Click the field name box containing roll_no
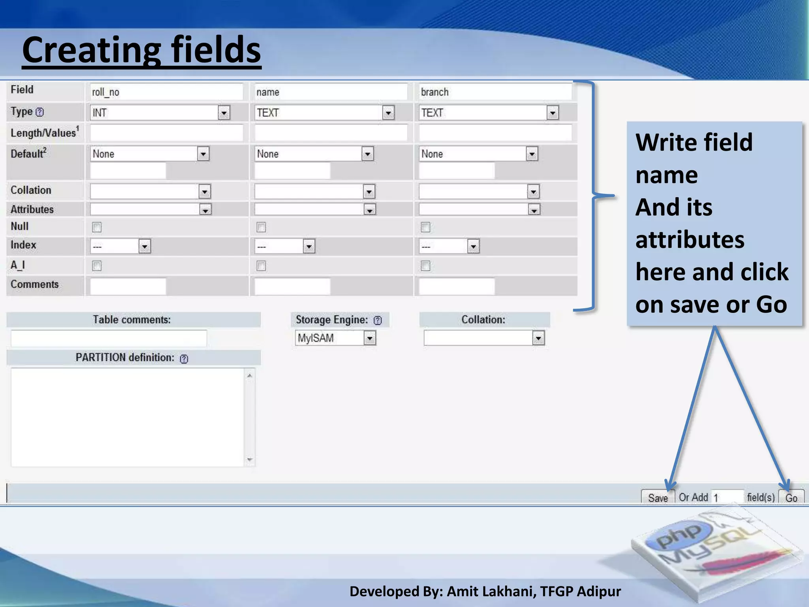click(x=166, y=92)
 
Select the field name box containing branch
click(x=495, y=92)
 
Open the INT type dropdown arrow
click(x=224, y=113)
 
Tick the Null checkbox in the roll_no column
click(x=97, y=227)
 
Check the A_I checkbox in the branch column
click(x=425, y=266)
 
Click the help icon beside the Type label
click(x=40, y=112)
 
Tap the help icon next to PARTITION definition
click(x=184, y=359)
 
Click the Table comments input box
click(x=109, y=339)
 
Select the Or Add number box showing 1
click(x=727, y=497)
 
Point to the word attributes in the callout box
click(x=690, y=240)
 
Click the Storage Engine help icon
click(x=378, y=320)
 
